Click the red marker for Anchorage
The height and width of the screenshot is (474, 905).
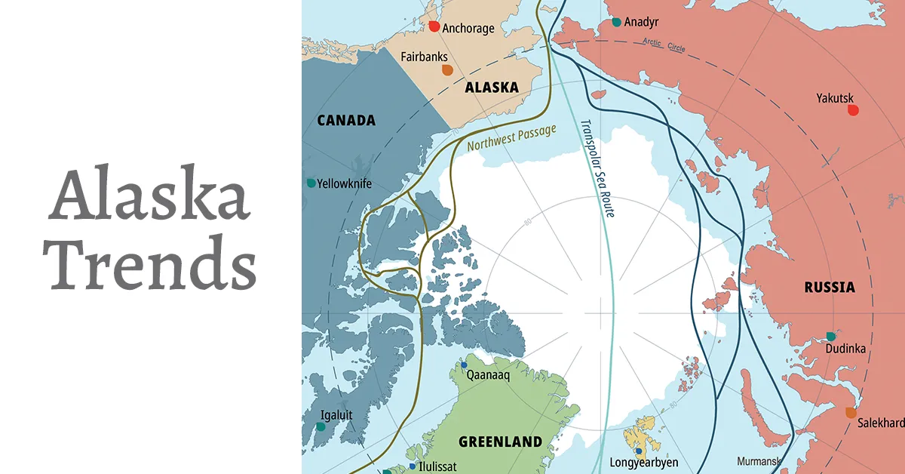[x=434, y=26]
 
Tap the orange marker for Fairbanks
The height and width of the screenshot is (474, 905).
[x=447, y=70]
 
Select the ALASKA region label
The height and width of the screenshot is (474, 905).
[x=492, y=88]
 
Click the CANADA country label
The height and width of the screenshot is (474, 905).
[x=346, y=121]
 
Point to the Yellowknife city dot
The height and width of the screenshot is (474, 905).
[x=311, y=183]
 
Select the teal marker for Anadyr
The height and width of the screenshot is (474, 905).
[x=617, y=22]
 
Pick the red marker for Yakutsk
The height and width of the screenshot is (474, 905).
[x=853, y=110]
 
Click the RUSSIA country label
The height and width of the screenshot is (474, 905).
[x=829, y=287]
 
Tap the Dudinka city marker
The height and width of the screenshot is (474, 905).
[x=831, y=336]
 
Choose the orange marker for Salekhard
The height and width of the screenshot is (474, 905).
[x=851, y=412]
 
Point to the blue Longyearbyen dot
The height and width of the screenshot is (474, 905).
[x=639, y=451]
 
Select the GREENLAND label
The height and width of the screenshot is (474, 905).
[x=501, y=442]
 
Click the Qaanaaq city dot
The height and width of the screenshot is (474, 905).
[x=454, y=365]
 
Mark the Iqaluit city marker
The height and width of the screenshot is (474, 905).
[x=321, y=426]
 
